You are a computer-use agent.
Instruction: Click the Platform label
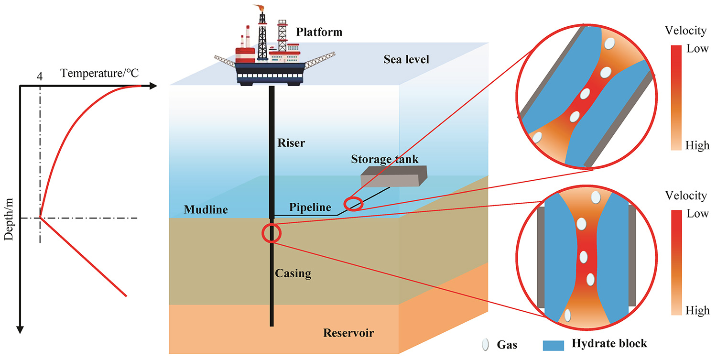319,33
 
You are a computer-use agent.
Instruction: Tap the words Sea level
406,59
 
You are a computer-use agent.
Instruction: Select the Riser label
291,142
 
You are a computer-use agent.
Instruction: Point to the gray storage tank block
393,176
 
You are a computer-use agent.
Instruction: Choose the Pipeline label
310,207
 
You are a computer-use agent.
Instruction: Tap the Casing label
293,273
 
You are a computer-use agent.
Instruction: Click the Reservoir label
348,333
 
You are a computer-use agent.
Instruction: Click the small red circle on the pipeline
354,204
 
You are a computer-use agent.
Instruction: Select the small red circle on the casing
271,233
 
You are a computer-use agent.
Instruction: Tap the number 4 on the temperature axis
40,76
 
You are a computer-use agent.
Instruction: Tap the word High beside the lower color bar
697,311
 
